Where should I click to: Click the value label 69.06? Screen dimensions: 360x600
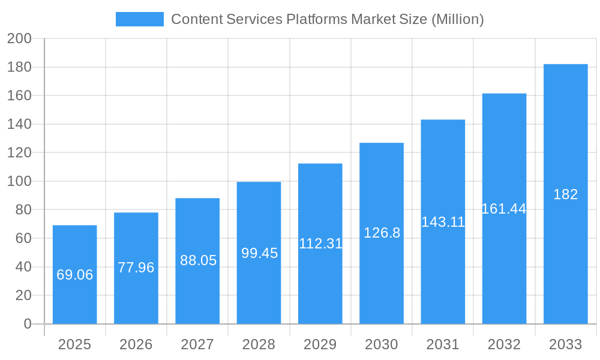click(x=75, y=275)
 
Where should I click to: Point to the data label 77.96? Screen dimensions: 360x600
click(x=136, y=268)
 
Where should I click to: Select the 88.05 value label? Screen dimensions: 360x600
click(x=198, y=260)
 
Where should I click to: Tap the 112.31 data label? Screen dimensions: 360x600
click(x=320, y=244)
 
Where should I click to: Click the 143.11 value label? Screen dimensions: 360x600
click(x=443, y=222)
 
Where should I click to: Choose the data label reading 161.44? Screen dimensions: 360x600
click(x=504, y=209)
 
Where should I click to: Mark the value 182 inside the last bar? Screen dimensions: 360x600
click(x=565, y=194)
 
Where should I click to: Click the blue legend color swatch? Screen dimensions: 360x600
click(x=139, y=19)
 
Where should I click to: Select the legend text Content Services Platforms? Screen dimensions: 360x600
click(x=327, y=19)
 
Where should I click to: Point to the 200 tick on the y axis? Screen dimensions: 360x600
click(x=19, y=39)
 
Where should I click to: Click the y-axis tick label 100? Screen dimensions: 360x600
click(x=19, y=181)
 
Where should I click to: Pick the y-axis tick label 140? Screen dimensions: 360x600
click(x=19, y=124)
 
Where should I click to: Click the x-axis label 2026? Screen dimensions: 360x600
click(x=136, y=344)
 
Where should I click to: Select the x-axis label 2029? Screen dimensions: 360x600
click(x=320, y=344)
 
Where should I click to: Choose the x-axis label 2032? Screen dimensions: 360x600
click(x=504, y=344)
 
